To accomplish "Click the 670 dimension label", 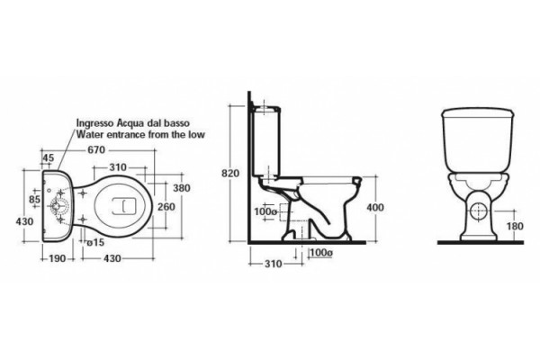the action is click(96, 150).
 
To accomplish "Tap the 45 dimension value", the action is click(49, 158).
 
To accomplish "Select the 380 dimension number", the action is click(182, 188).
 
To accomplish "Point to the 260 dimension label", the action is click(166, 207).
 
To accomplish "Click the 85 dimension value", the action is click(34, 199).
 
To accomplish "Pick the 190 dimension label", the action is click(57, 258).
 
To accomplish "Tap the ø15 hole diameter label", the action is click(95, 242).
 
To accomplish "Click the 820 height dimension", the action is click(230, 174).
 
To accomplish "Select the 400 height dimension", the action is click(375, 207).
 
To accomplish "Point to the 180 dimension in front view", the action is click(515, 226).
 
